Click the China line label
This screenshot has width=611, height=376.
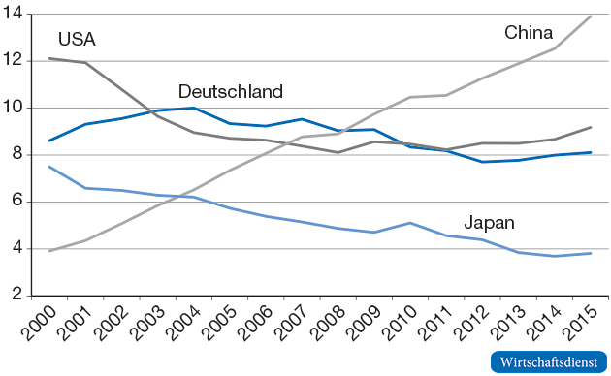(x=529, y=33)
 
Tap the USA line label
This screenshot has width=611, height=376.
(x=77, y=40)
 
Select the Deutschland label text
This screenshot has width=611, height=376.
(x=231, y=92)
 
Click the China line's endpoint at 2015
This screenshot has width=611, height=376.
(x=592, y=16)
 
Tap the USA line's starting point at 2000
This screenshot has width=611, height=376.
(x=49, y=58)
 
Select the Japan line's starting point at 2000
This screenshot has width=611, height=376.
(x=49, y=167)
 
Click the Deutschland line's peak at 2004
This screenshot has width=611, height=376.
(x=194, y=108)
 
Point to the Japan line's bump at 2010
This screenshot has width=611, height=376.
(x=411, y=223)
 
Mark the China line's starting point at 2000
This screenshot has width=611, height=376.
(x=49, y=251)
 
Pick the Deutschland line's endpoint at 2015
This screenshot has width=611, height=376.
(x=592, y=152)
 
